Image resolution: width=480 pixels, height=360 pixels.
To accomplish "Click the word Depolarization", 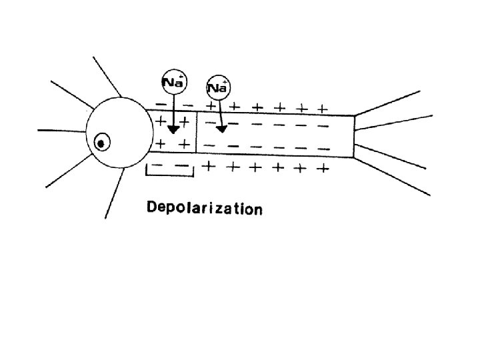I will tap(204, 209).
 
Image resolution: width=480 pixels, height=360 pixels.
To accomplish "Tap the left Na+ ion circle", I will tap(174, 83).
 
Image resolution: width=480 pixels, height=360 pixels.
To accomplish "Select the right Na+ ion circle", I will tap(219, 87).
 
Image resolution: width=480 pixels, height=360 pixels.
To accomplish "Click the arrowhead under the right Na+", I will tap(221, 127).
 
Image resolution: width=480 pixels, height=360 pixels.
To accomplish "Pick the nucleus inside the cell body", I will tap(102, 142).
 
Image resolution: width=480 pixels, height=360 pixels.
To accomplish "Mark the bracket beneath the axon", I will tap(169, 175).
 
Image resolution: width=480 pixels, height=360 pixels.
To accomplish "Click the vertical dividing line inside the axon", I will tap(196, 136).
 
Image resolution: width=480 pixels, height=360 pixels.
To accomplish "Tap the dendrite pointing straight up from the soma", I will tap(107, 77).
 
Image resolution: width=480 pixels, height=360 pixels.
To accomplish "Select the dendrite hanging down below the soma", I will tap(114, 193).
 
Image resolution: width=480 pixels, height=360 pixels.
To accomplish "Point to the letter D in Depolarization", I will tap(152, 208).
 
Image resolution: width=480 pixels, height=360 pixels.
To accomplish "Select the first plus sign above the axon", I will tap(211, 105).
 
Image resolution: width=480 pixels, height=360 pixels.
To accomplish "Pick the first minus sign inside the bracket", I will tap(158, 165).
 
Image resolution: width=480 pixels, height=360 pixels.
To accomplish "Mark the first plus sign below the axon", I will tap(209, 165).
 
